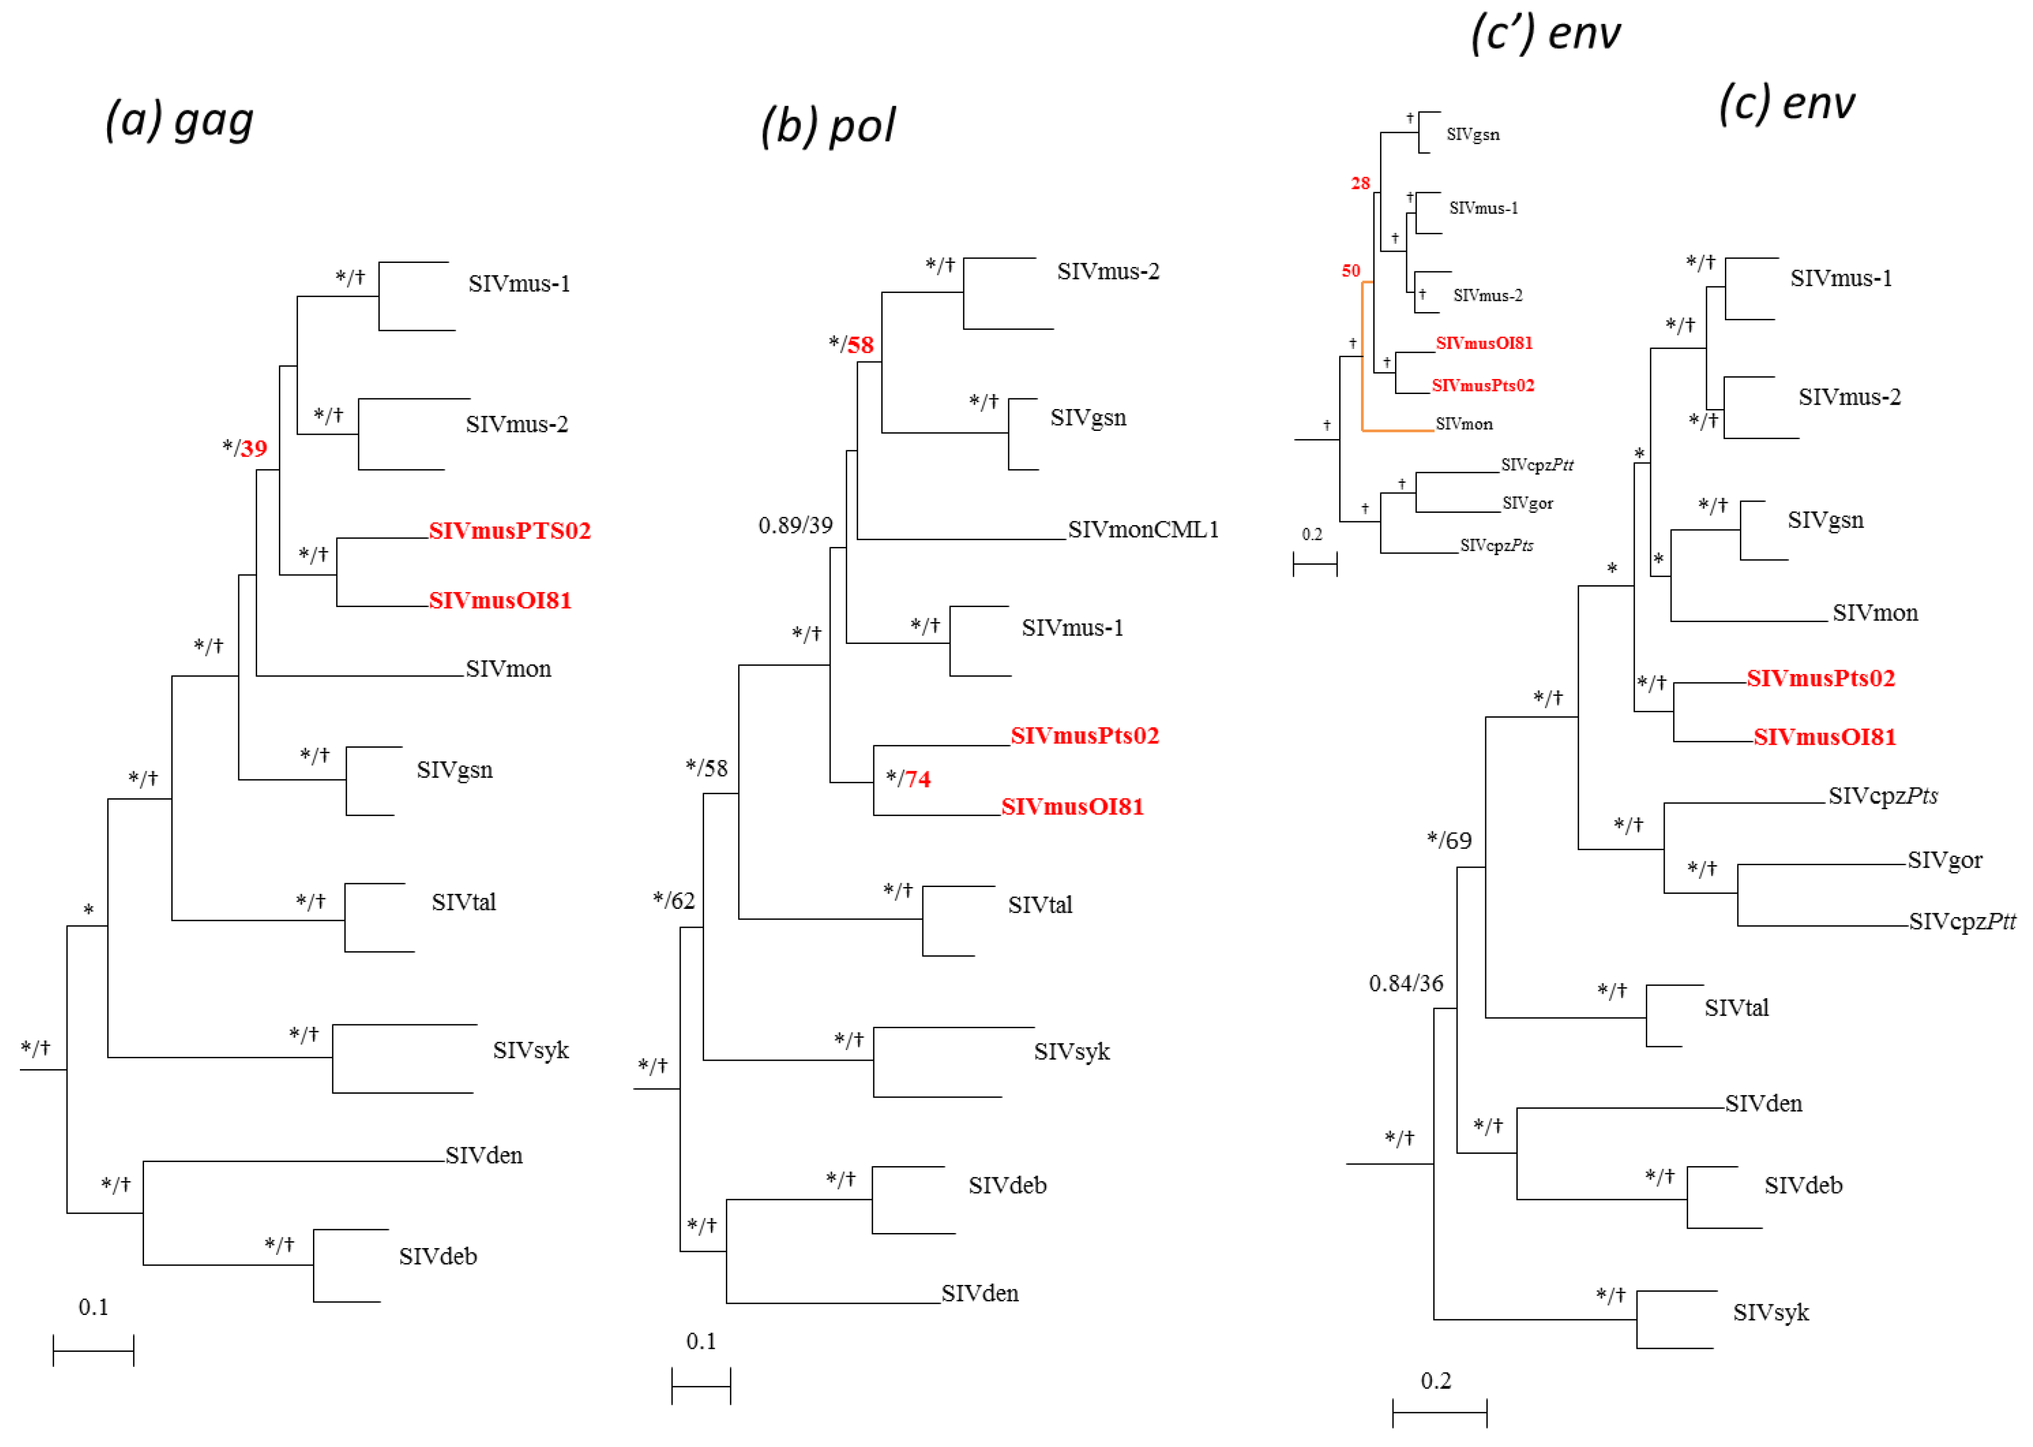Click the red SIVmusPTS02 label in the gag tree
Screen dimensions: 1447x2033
coord(509,531)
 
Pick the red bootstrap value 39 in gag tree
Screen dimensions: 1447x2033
coord(254,448)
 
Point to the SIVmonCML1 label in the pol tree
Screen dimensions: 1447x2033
coord(1143,530)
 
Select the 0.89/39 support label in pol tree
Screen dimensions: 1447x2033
coord(796,526)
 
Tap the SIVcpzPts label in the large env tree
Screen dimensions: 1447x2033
coord(1883,796)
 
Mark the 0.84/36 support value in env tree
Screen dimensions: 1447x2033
coord(1406,984)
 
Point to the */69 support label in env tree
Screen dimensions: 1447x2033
coord(1449,840)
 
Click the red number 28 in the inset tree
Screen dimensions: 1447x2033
coord(1361,183)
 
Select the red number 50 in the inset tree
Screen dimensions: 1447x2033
coord(1351,271)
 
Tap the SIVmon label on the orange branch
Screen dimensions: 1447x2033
coord(1464,424)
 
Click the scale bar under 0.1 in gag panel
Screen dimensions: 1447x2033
coord(94,1351)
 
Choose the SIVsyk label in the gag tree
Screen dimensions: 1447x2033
coord(531,1051)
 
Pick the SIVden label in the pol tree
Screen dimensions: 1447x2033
coord(980,1294)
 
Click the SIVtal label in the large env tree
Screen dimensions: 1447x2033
coord(1737,1008)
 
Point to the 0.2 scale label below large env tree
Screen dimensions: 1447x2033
coord(1435,1381)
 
